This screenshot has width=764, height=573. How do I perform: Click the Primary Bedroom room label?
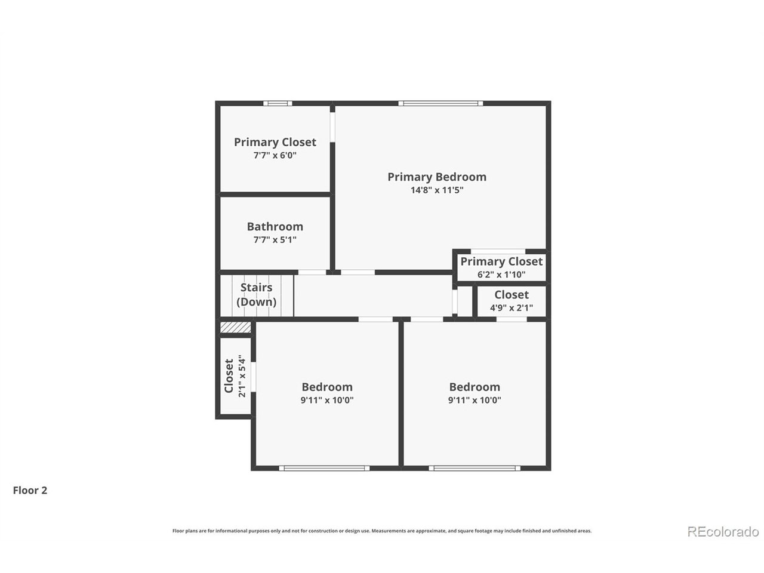coord(436,177)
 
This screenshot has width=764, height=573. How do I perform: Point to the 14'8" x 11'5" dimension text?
coord(436,190)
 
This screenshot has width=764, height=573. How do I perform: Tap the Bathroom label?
coord(275,226)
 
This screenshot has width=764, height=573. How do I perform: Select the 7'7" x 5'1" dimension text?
coord(275,240)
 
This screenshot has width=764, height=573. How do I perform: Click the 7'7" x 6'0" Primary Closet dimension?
coord(275,155)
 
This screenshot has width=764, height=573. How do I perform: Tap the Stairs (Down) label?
coord(257,294)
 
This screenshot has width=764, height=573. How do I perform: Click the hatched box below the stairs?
coord(235,328)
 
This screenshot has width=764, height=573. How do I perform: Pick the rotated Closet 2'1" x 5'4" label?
coord(234,377)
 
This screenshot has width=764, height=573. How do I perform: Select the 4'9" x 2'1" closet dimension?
coord(511,308)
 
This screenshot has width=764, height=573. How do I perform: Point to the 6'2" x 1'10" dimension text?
coord(501,275)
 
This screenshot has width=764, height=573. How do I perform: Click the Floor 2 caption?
coord(30,491)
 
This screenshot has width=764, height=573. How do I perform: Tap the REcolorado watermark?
coord(723,531)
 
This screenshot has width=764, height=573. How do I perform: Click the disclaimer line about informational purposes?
coord(382,531)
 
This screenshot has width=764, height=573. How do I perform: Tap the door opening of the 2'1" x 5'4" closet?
coord(254,377)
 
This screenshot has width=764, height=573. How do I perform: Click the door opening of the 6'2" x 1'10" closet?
coord(498,251)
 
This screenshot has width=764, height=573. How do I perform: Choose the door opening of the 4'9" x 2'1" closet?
coord(512,319)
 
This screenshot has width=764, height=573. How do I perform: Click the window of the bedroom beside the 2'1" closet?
coord(324,468)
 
